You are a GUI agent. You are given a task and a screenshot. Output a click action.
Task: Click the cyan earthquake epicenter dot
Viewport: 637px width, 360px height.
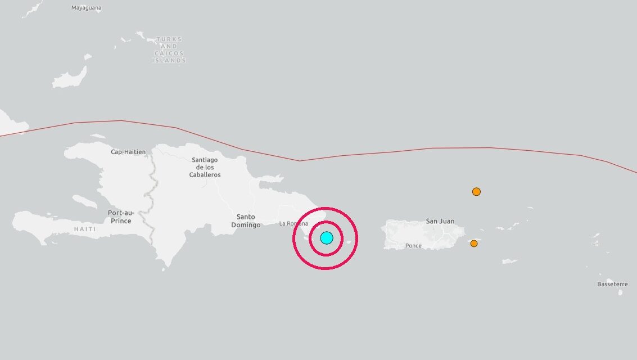click(x=327, y=238)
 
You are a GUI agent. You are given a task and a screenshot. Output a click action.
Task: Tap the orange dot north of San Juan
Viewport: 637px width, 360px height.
click(x=476, y=192)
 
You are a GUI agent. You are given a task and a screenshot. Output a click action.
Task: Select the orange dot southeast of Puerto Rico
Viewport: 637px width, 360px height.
click(x=474, y=244)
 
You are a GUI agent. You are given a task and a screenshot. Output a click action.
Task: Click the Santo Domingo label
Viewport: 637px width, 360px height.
click(x=246, y=221)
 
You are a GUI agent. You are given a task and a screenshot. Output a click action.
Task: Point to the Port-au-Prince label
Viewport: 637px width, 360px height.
click(x=119, y=217)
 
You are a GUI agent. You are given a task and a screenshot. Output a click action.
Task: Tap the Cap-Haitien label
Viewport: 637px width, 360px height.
click(x=128, y=152)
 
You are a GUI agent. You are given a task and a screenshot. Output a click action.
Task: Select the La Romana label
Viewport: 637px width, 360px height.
click(x=293, y=224)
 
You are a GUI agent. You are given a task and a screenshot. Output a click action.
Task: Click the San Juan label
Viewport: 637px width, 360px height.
click(x=440, y=221)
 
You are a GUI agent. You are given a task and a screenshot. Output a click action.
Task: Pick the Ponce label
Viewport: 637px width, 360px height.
click(x=413, y=246)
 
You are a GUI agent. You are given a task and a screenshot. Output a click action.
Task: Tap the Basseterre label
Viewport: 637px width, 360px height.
click(x=612, y=284)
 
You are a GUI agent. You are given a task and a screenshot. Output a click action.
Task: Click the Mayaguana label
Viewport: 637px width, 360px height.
click(x=87, y=8)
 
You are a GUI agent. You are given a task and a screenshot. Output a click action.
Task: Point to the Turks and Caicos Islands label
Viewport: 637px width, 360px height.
click(x=169, y=49)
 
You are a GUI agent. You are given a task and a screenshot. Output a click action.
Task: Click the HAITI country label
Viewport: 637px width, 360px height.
click(x=85, y=229)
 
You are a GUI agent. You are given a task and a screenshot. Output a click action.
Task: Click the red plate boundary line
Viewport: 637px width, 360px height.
click(x=394, y=152)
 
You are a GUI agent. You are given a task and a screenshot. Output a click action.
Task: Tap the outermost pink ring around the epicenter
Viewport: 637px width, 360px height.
click(x=294, y=238)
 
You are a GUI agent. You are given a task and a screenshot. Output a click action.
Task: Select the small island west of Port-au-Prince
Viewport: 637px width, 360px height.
click(x=85, y=201)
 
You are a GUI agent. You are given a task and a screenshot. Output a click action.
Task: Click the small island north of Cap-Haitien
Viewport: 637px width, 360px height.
click(x=98, y=136)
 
